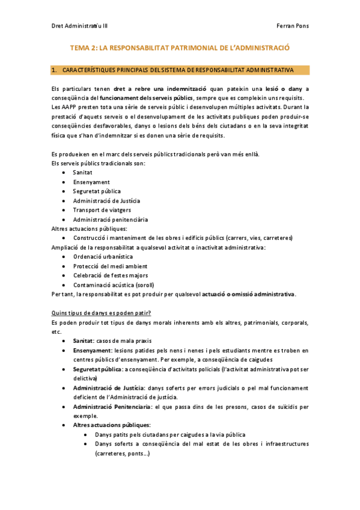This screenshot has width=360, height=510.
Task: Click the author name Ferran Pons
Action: coord(292,26)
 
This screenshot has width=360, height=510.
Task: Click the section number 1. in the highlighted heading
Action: coord(54,70)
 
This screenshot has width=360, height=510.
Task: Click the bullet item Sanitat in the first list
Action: coord(83,172)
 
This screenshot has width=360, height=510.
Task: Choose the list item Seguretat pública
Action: coord(96,191)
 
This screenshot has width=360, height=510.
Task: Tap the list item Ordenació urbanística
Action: coord(103,256)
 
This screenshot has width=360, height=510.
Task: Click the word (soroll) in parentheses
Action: coord(144,284)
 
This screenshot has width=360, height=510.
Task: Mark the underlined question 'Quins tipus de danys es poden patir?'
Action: coord(102,313)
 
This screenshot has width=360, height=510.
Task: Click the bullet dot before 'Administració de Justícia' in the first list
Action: coord(64,201)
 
